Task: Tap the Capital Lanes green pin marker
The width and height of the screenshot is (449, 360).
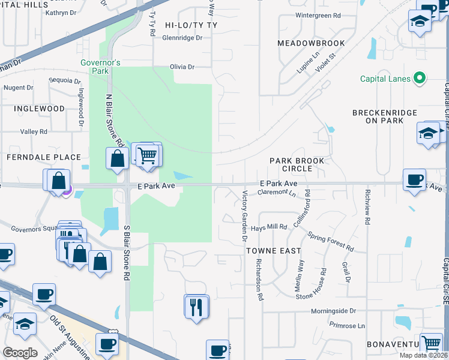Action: point(420,79)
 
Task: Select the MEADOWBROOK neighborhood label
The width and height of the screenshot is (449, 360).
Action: point(311,43)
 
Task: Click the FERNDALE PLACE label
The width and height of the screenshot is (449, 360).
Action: point(43,157)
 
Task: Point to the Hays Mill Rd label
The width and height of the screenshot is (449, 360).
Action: point(269,227)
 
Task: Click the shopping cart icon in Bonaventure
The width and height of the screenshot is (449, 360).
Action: point(431,343)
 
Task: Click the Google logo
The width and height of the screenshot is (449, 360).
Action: point(20,353)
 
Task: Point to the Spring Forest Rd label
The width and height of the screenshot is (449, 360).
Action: point(331,241)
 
